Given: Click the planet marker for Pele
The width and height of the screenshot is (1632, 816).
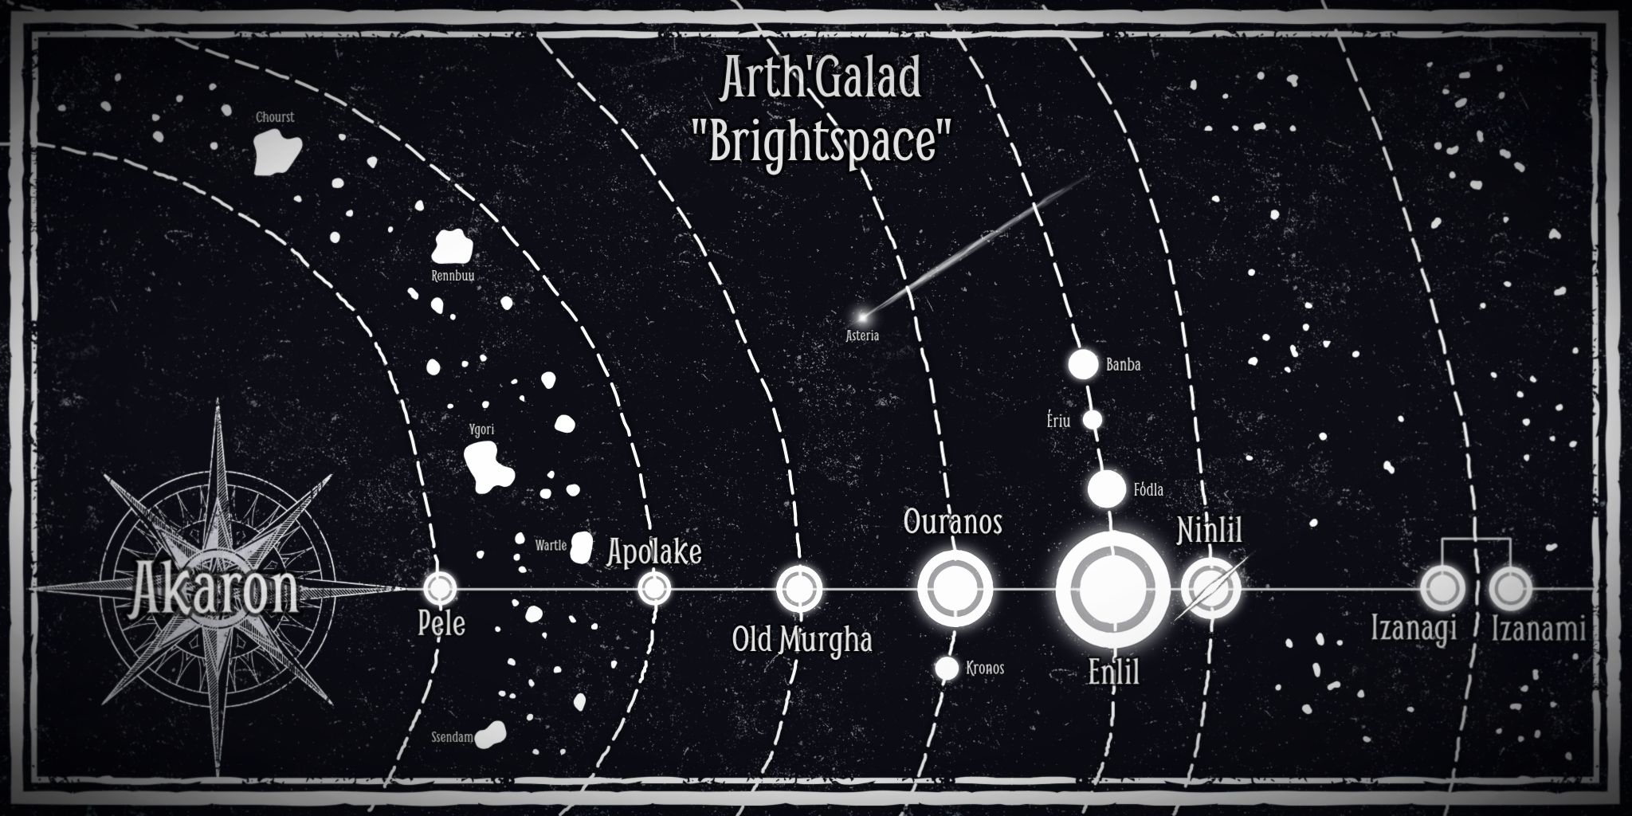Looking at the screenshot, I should point(438,589).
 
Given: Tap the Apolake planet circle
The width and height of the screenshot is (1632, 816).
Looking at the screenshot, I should point(653,590).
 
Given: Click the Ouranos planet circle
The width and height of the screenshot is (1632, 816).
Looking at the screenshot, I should point(954,590).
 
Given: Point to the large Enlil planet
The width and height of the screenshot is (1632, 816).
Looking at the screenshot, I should point(1112,590).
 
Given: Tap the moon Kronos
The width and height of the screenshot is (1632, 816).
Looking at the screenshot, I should point(947,668).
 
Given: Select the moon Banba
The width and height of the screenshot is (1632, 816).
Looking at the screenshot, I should point(1082,364).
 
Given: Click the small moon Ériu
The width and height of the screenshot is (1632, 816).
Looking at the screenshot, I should point(1093,419).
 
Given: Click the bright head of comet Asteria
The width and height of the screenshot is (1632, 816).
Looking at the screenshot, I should point(861,317).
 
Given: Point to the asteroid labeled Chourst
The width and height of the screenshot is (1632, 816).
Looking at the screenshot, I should point(277,152).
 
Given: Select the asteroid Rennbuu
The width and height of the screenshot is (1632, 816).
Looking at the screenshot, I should point(452,247).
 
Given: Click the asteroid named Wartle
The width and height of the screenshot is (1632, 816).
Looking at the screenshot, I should point(582,547).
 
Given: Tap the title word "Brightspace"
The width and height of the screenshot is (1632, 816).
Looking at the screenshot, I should point(820,143).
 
